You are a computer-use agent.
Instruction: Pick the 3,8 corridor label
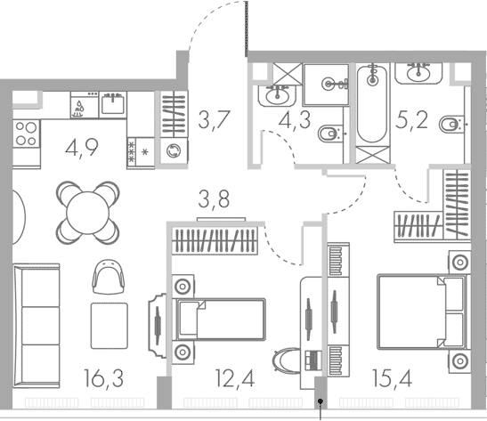215,199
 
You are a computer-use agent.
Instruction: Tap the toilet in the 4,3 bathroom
329,135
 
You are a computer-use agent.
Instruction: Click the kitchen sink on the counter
112,105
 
